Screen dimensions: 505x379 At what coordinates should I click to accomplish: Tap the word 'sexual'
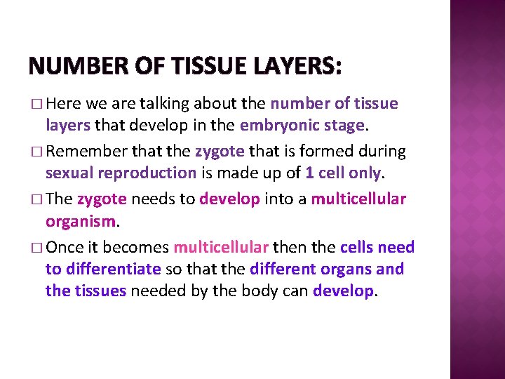pyautogui.click(x=69, y=173)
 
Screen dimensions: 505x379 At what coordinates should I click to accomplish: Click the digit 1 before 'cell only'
pyautogui.click(x=309, y=173)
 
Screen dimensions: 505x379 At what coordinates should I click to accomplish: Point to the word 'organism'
pyautogui.click(x=81, y=222)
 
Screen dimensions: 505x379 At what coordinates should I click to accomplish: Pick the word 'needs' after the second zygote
pyautogui.click(x=153, y=199)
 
